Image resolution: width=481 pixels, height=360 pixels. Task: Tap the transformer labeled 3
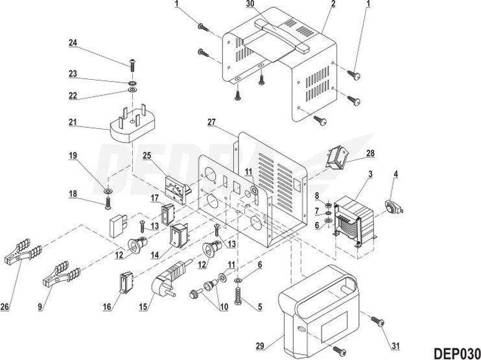pos(355,222)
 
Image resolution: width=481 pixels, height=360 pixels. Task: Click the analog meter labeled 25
pos(393,207)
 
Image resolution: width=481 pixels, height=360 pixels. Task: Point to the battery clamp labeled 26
pos(23,252)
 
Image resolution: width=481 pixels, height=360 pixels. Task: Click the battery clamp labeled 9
pos(62,274)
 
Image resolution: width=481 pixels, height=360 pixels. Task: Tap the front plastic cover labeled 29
pos(319,311)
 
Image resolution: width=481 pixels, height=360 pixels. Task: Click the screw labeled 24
pos(132,64)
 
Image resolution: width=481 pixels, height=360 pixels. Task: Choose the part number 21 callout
pos(73,122)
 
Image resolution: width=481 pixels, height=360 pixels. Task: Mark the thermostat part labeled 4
pos(393,207)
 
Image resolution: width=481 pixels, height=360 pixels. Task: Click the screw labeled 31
pos(378,322)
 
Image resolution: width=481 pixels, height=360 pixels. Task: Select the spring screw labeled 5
pos(238,295)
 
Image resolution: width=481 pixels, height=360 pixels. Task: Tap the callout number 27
pos(211,122)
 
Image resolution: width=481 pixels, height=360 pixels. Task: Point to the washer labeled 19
pos(108,191)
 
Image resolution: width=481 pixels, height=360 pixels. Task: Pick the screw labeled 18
pos(108,203)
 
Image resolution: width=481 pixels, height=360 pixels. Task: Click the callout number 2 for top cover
pos(333,4)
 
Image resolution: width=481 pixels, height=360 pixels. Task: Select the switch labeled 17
pos(168,215)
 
